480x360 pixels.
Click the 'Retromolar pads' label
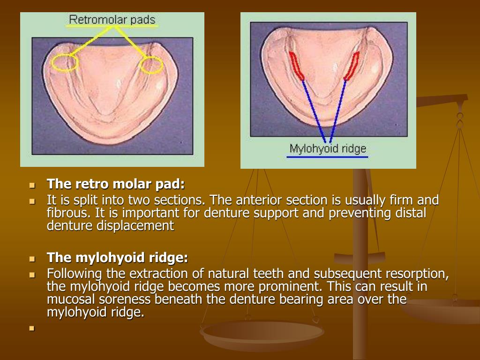(x=112, y=20)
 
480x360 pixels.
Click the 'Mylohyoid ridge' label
(x=328, y=149)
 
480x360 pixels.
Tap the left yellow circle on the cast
(x=64, y=63)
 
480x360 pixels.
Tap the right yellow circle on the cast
(x=152, y=65)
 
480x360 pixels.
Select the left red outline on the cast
(x=295, y=66)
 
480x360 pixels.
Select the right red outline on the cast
(x=352, y=66)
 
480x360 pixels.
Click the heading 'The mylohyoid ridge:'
(x=117, y=258)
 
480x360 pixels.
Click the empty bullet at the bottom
(x=32, y=329)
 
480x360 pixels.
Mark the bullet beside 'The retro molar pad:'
(x=32, y=185)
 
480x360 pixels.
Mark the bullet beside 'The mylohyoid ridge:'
(x=32, y=259)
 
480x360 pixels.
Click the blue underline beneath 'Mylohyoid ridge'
(x=327, y=157)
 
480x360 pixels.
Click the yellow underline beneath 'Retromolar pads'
(x=112, y=27)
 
